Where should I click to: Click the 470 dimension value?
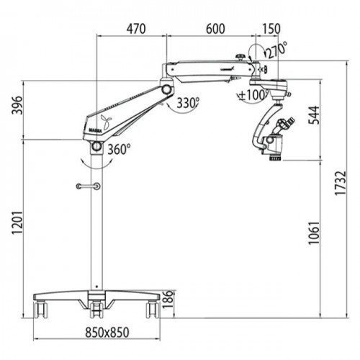click(136, 29)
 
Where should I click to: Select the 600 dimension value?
click(215, 29)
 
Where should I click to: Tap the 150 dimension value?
click(271, 29)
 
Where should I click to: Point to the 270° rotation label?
click(276, 50)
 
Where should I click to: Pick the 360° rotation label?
click(119, 149)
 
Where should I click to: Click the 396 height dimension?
click(17, 105)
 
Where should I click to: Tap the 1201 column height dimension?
click(17, 222)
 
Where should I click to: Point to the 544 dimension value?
click(314, 115)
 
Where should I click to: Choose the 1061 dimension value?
click(314, 233)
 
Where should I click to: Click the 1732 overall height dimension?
click(341, 183)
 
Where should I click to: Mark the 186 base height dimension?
click(168, 300)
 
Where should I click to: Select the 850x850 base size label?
click(107, 333)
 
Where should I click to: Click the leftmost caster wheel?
click(41, 310)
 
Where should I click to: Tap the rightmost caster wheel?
click(153, 310)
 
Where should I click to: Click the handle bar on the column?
click(88, 186)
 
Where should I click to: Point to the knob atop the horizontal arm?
click(240, 58)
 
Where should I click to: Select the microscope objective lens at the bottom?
click(276, 158)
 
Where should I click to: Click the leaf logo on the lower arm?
click(106, 122)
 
